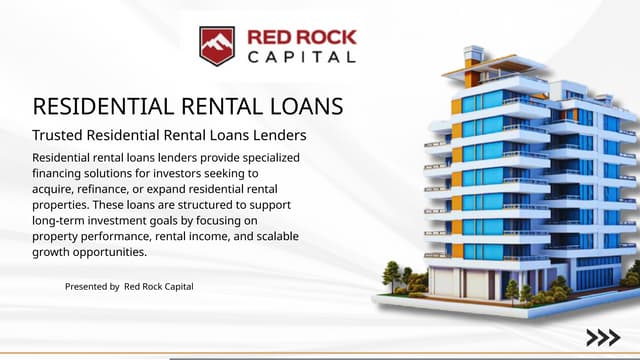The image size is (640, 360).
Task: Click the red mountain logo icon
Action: [x=217, y=45]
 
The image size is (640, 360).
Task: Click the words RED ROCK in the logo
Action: [x=301, y=38]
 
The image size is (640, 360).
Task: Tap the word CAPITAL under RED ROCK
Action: [x=301, y=57]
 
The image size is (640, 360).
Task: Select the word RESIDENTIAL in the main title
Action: [x=103, y=106]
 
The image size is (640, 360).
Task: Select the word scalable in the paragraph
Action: [x=273, y=236]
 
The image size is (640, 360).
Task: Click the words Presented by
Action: [x=92, y=287]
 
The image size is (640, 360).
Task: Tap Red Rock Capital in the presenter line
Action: [x=159, y=287]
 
